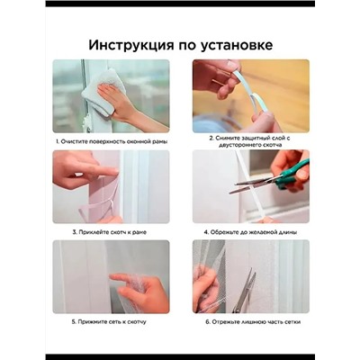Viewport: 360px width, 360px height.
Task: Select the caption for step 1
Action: (110, 141)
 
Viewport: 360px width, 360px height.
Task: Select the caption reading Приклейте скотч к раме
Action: (110, 231)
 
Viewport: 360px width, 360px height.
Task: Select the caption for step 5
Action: (110, 321)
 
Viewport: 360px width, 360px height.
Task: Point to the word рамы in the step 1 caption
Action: (155, 141)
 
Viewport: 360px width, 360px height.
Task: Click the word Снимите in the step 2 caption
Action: (225, 138)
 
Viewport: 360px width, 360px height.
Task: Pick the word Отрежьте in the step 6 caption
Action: (220, 321)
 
